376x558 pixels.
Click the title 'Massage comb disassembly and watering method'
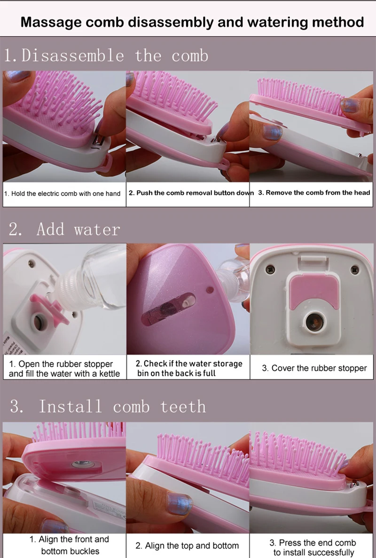tap(192, 22)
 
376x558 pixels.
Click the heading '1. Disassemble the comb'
tap(106, 56)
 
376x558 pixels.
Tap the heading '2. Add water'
tap(64, 229)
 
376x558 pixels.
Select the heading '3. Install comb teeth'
tap(108, 406)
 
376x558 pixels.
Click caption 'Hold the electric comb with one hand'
tap(63, 193)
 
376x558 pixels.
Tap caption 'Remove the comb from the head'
tap(314, 192)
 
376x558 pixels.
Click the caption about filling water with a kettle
tap(64, 369)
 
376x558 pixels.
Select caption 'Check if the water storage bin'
tap(189, 368)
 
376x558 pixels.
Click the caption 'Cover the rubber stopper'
tap(314, 368)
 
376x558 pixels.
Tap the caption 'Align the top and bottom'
tap(187, 546)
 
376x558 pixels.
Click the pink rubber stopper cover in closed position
tap(314, 291)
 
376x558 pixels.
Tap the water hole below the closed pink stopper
tap(314, 322)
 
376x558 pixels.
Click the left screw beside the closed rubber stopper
tap(270, 270)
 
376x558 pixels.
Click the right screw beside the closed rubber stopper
tap(355, 270)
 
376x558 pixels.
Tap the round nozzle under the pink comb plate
tap(83, 464)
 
